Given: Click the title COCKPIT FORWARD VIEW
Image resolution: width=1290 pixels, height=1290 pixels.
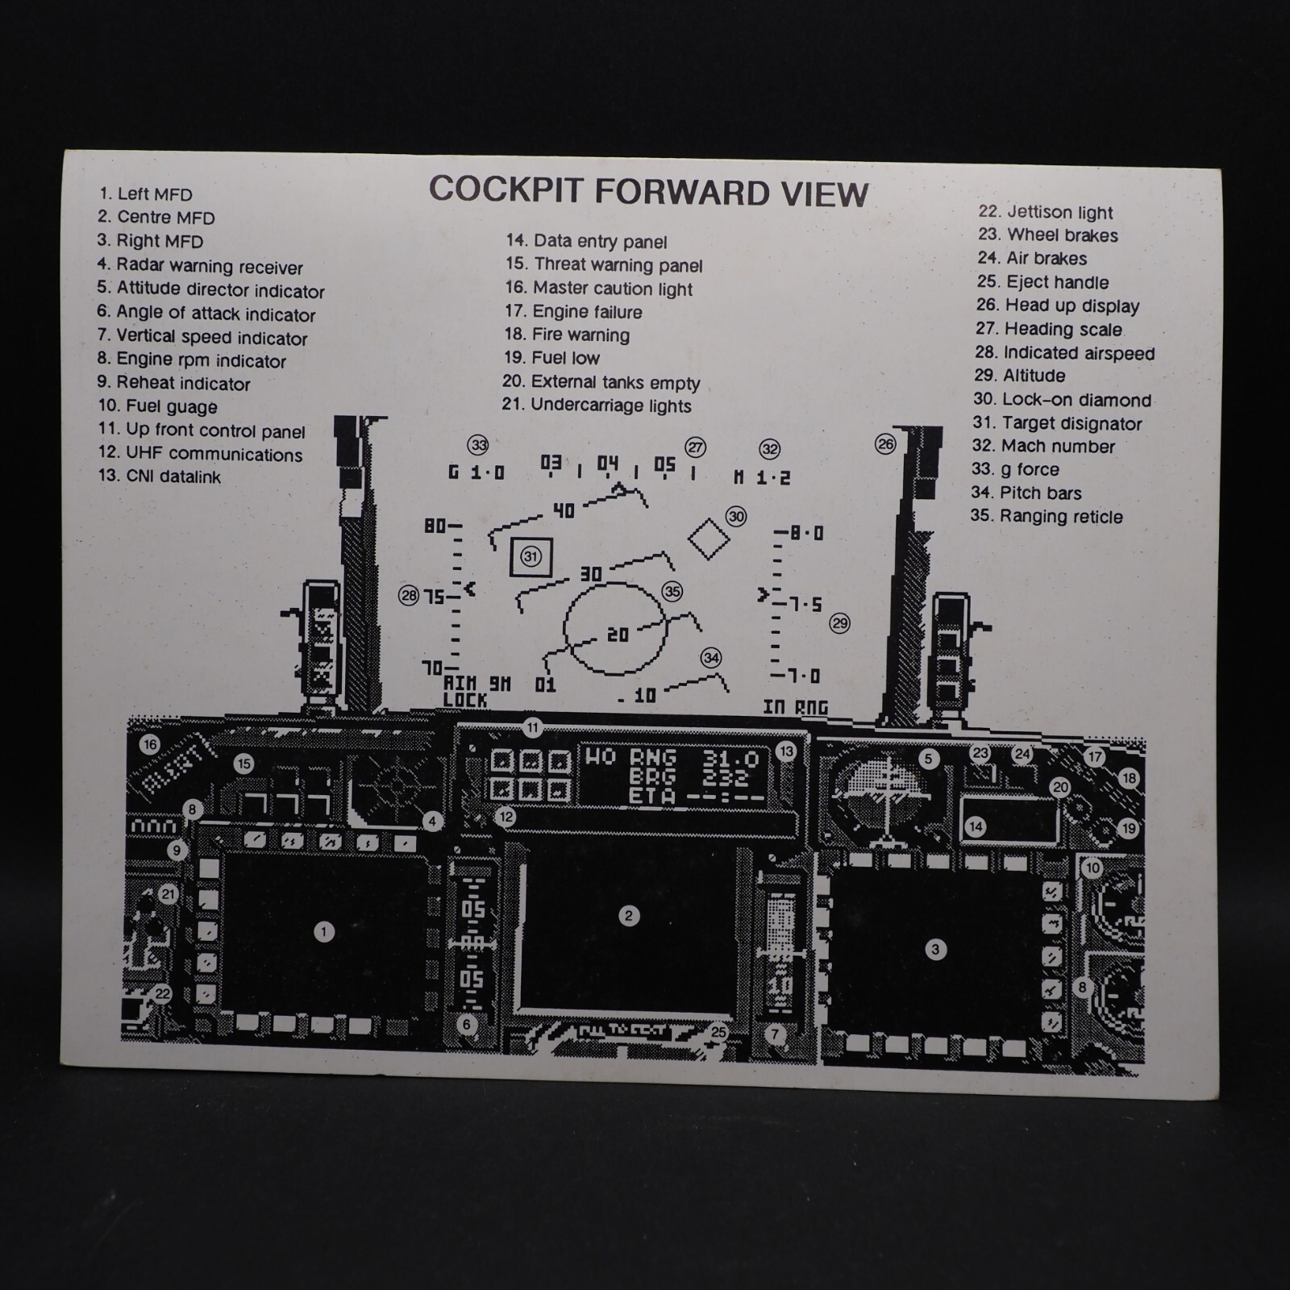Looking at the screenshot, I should pyautogui.click(x=648, y=192).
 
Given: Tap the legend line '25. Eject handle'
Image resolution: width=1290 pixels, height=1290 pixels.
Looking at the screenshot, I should pyautogui.click(x=1042, y=282).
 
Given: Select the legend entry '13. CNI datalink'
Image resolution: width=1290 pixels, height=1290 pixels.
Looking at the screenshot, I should pyautogui.click(x=160, y=476).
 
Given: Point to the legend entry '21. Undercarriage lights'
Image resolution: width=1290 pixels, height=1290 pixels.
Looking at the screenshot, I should pyautogui.click(x=597, y=406).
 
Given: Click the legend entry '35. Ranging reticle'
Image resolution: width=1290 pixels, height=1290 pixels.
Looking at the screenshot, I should pyautogui.click(x=1047, y=516).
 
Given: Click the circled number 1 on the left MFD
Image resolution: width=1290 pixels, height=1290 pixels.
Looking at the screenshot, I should pyautogui.click(x=324, y=932).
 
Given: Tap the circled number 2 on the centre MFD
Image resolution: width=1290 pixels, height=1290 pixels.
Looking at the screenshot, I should pyautogui.click(x=629, y=916).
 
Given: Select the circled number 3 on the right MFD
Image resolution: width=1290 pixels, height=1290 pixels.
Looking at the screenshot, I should pyautogui.click(x=935, y=949).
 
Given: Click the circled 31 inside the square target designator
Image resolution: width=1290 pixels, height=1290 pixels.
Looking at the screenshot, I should pyautogui.click(x=531, y=556).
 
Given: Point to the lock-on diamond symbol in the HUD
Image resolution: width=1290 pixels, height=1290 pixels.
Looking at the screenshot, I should pyautogui.click(x=709, y=539).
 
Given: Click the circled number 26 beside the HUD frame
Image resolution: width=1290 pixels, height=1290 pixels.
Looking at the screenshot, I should pyautogui.click(x=885, y=444).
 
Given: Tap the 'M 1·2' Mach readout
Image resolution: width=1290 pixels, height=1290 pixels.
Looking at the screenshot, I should pyautogui.click(x=762, y=477).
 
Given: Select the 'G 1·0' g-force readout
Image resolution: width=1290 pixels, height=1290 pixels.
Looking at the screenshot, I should pyautogui.click(x=476, y=472).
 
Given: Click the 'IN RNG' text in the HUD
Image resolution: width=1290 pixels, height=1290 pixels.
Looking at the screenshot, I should pyautogui.click(x=795, y=707).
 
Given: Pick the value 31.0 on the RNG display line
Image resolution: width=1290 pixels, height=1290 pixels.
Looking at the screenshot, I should pyautogui.click(x=730, y=758).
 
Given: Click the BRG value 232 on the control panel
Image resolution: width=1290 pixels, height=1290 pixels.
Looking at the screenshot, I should pyautogui.click(x=726, y=778).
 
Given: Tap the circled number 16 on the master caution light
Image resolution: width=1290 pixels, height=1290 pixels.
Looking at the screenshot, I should pyautogui.click(x=150, y=744).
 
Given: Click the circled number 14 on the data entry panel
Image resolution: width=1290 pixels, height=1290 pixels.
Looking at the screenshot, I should pyautogui.click(x=976, y=826).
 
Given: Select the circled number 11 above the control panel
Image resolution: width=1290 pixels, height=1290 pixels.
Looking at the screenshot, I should pyautogui.click(x=532, y=728).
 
